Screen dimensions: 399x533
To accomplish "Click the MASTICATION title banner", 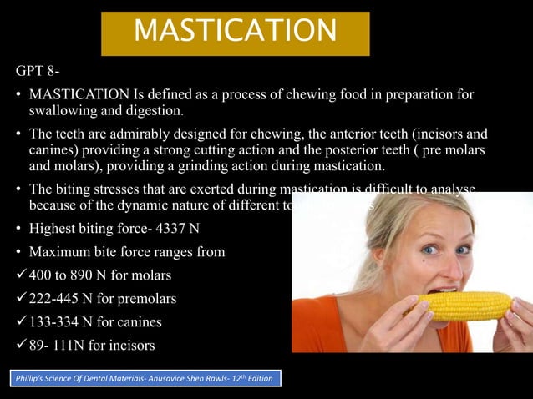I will pyautogui.click(x=235, y=33).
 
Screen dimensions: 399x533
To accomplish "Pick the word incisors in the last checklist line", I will pyautogui.click(x=136, y=346).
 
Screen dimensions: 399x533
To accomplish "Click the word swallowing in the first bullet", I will pyautogui.click(x=66, y=110).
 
